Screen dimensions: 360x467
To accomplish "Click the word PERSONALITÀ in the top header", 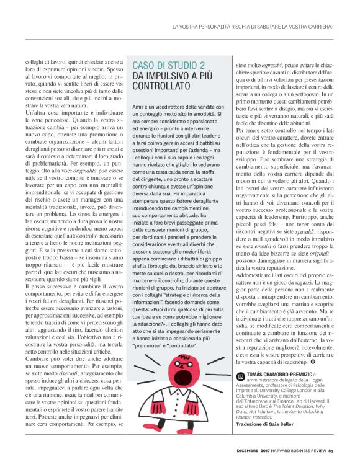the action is pyautogui.click(x=215, y=26).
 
